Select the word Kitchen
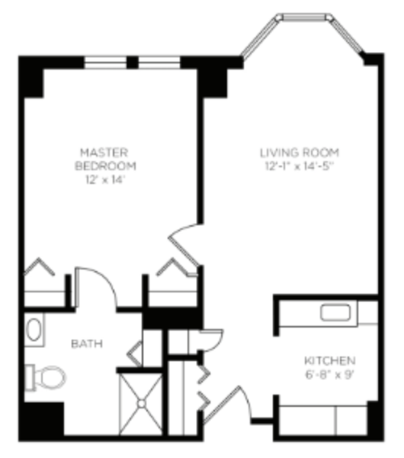[x=329, y=360]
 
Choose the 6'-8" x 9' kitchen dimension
[x=329, y=374]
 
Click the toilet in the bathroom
[x=47, y=376]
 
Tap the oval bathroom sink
[x=34, y=331]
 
